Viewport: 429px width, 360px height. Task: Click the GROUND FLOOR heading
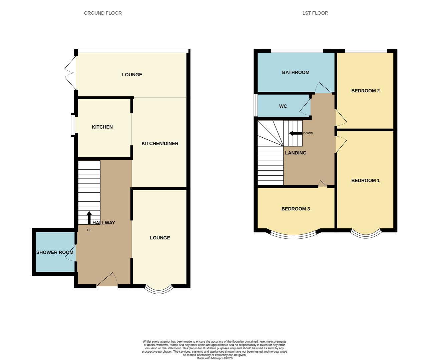coord(103,13)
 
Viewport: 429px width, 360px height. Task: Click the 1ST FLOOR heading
coord(315,13)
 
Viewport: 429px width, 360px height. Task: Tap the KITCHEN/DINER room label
coord(160,144)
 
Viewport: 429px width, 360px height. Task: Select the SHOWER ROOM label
coord(55,252)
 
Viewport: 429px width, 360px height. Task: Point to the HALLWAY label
coord(104,223)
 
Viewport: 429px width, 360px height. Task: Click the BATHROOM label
coord(296,72)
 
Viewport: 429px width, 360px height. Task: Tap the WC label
coord(283,106)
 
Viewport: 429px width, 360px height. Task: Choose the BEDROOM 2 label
coord(365,91)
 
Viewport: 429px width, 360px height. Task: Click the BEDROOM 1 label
coord(365,181)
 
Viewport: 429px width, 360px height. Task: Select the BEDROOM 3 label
coord(296,209)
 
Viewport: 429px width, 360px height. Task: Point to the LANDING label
coord(296,153)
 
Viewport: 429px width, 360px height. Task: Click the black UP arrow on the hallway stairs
coord(89,217)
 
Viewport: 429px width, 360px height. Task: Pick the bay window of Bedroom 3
coord(293,236)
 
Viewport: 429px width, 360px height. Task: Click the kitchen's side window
coord(73,125)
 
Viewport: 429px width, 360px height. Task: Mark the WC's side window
coord(256,105)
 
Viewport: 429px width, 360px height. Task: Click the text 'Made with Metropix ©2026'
coord(214,358)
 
